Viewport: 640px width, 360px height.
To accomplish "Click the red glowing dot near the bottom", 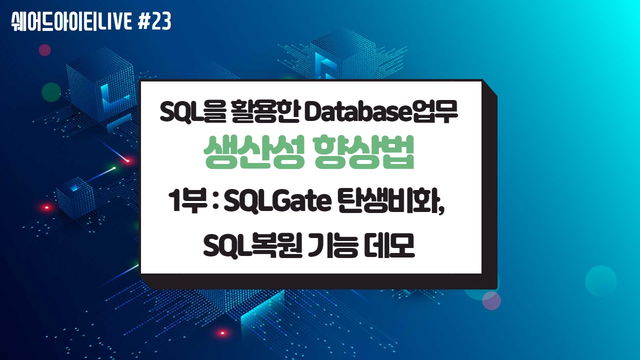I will click(x=222, y=332).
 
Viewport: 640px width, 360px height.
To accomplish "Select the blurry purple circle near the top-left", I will click(x=45, y=49).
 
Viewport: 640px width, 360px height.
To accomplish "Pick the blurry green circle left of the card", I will click(x=51, y=92).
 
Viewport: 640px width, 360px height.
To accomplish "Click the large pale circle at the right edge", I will click(x=600, y=281).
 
